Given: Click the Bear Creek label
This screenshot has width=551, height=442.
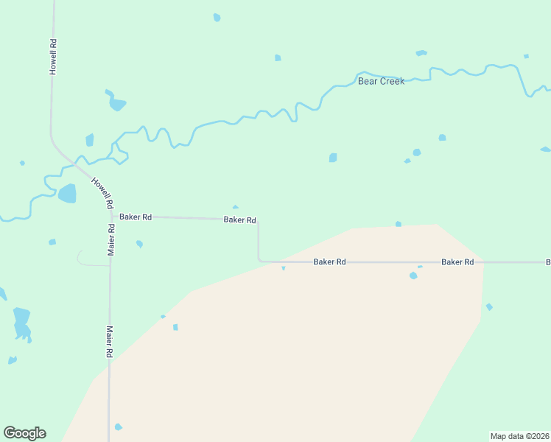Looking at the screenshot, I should pos(381,81).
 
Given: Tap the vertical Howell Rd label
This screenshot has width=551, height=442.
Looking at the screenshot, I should pos(53,56).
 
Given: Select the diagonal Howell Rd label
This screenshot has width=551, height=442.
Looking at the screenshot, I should pos(102,192).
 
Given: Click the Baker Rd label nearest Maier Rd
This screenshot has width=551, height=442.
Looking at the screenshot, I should pos(136,217).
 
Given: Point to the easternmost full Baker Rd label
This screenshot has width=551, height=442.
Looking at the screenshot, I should pos(457,262).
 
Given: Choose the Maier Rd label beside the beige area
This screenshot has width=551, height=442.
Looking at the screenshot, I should pos(109,342).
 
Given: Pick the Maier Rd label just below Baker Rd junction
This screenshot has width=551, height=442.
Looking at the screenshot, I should pos(111,239).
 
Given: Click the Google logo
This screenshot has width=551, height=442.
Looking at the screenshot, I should pos(24,433).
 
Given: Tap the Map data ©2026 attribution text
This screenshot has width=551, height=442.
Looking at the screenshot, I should pos(520,436).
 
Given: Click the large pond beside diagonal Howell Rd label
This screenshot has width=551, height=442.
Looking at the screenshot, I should pos(67,194).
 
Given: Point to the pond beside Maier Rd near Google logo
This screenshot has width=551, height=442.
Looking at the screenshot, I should pos(118,427).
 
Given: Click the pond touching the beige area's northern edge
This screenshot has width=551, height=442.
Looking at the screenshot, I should pos(399,224).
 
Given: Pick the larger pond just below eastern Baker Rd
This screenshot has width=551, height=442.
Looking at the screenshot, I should pos(413,276).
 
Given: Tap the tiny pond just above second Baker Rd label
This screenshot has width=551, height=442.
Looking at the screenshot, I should pos(235,207).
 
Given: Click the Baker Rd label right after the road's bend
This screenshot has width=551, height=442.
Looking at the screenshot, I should pos(329,262).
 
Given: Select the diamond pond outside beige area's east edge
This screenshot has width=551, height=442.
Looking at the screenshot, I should pos(489,306).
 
